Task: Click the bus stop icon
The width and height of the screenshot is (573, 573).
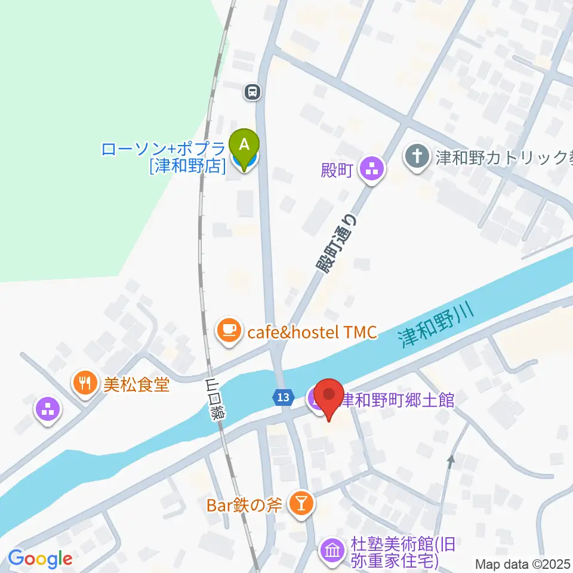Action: pos(252,92)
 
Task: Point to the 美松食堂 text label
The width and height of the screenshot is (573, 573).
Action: pos(137,384)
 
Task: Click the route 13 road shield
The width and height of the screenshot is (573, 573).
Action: pos(284,396)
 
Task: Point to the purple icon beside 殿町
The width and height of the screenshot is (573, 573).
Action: pos(373,168)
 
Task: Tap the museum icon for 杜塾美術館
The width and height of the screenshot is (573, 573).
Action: pos(331,550)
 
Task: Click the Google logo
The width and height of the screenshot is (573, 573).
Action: pos(40,559)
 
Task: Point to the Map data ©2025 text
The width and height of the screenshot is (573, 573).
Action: pos(523,563)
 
